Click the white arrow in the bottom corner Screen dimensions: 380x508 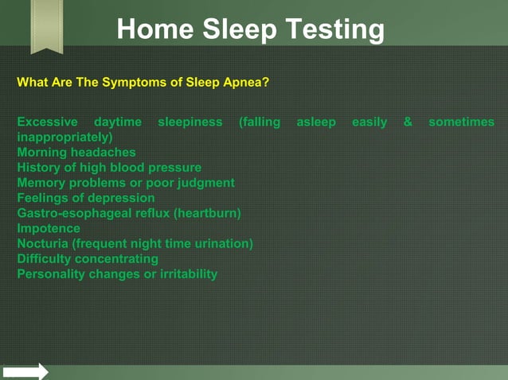(x=25, y=371)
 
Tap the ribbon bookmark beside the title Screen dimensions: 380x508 (x=46, y=26)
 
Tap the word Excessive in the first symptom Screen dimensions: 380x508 (x=47, y=122)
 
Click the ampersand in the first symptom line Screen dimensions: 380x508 (x=408, y=122)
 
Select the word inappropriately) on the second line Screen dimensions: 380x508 (x=64, y=137)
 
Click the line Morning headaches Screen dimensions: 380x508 (x=76, y=152)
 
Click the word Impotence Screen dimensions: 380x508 (x=49, y=228)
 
